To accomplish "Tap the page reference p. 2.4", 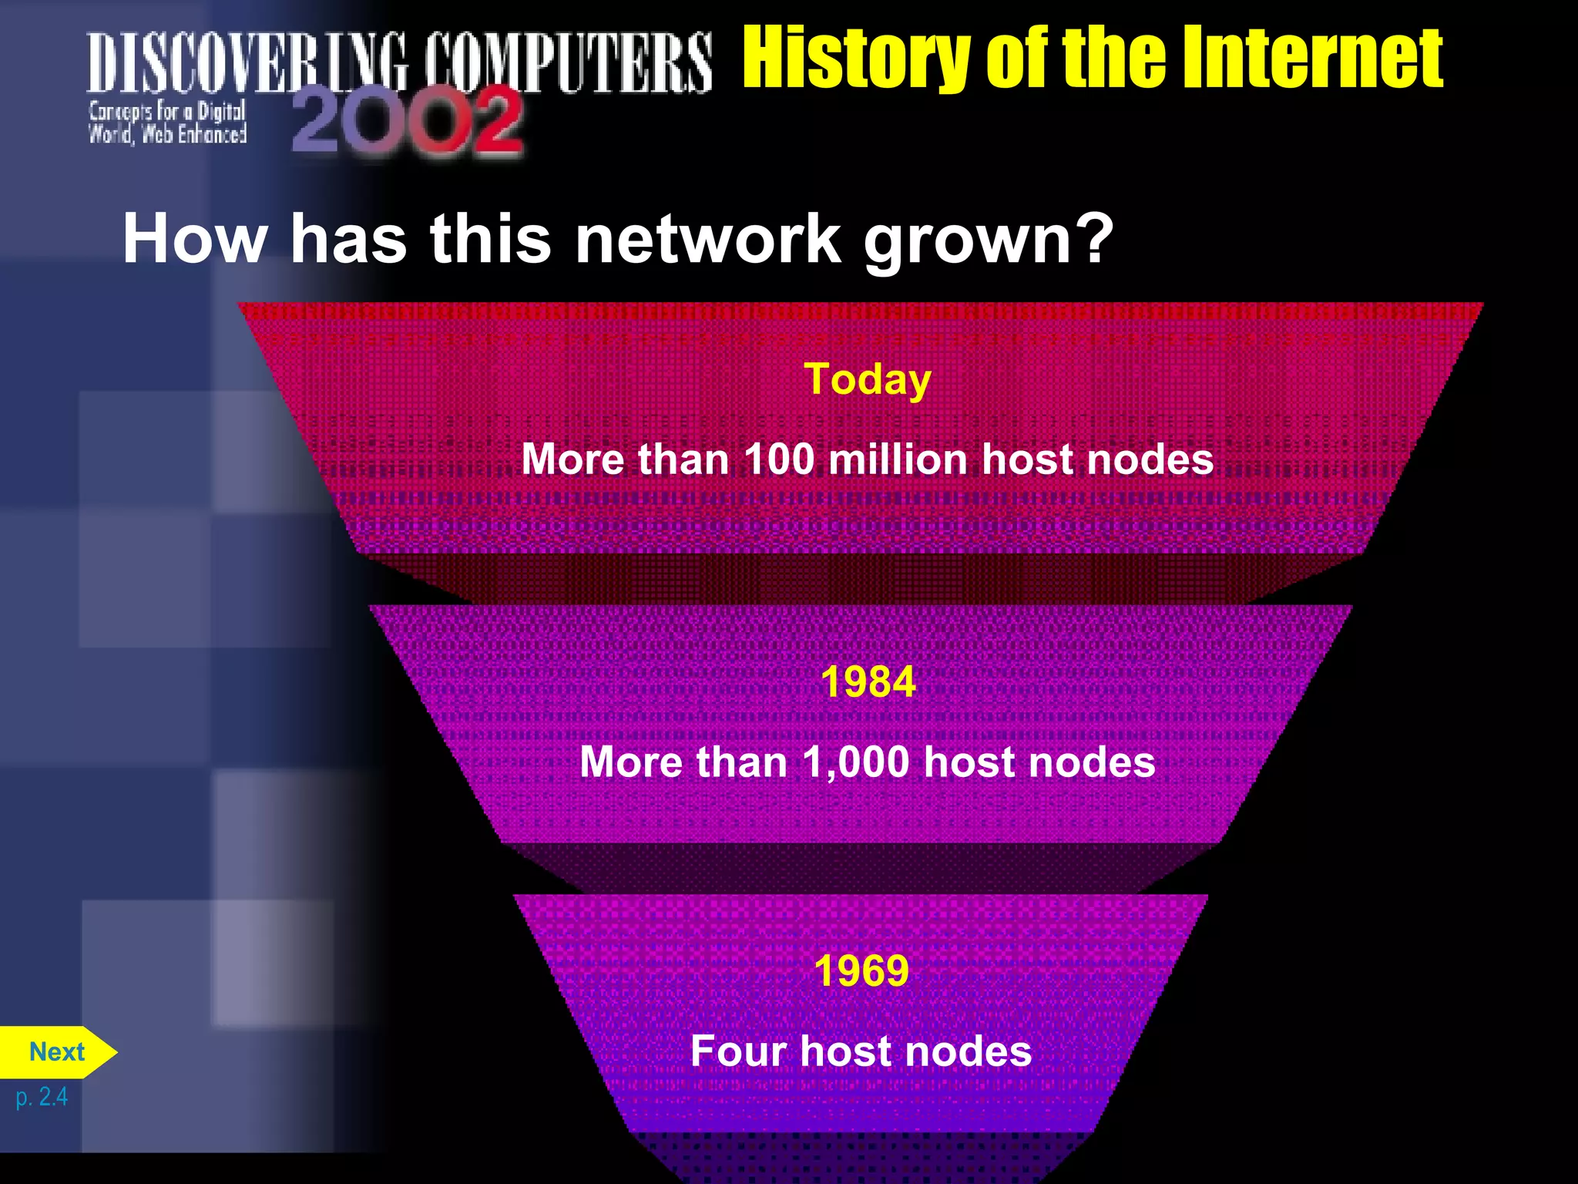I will [42, 1097].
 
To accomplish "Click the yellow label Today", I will [868, 380].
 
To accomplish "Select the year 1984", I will [868, 682].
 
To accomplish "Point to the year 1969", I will [861, 971].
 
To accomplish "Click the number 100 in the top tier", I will [779, 459].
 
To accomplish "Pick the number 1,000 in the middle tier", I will [855, 763].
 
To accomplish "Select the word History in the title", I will [855, 58].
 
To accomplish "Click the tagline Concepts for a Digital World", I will [167, 123].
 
